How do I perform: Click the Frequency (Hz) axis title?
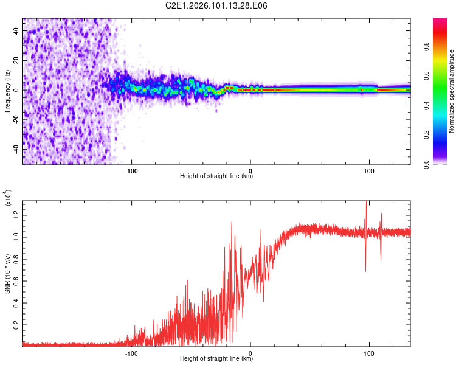coord(7,91)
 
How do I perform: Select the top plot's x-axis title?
coord(216,176)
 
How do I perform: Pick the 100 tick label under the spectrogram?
coord(368,170)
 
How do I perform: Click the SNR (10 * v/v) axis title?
coord(7,272)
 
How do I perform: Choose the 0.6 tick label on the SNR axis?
coord(17,280)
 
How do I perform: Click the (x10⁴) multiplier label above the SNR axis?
coord(7,198)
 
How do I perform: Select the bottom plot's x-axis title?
coord(216,359)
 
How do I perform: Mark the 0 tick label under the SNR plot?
coord(250,352)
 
